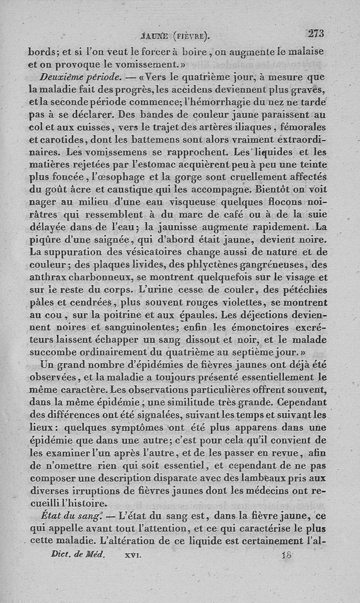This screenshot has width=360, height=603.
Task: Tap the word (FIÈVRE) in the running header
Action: pos(189,35)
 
